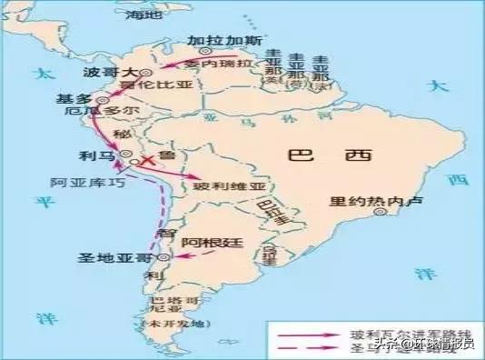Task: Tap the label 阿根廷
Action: (x=208, y=242)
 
